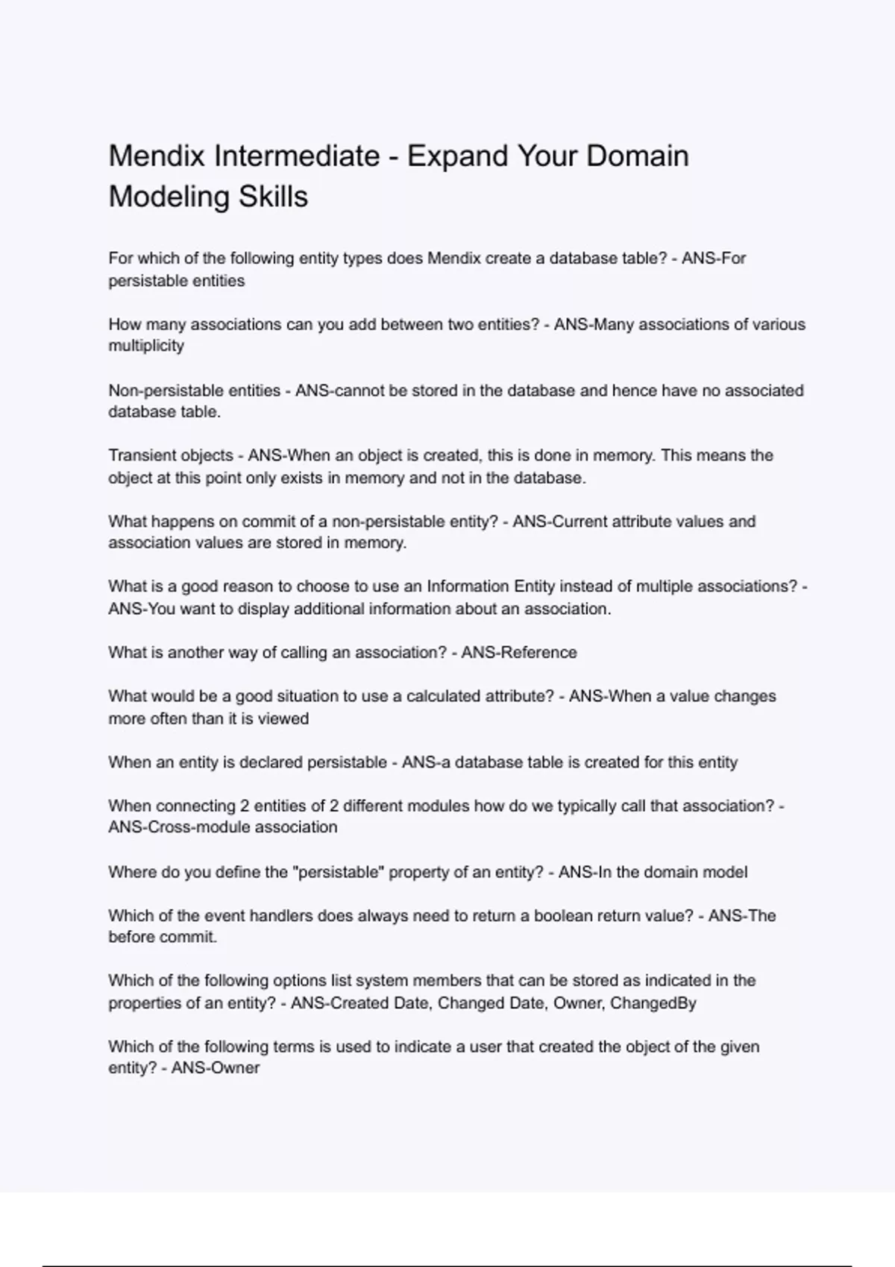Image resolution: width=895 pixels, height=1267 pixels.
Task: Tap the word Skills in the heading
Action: [273, 197]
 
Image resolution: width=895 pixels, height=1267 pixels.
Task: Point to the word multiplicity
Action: [146, 346]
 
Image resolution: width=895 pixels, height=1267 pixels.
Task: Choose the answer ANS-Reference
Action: [519, 653]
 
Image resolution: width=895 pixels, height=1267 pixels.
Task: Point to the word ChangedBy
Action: [653, 1003]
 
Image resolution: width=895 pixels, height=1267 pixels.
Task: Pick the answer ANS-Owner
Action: [216, 1068]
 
